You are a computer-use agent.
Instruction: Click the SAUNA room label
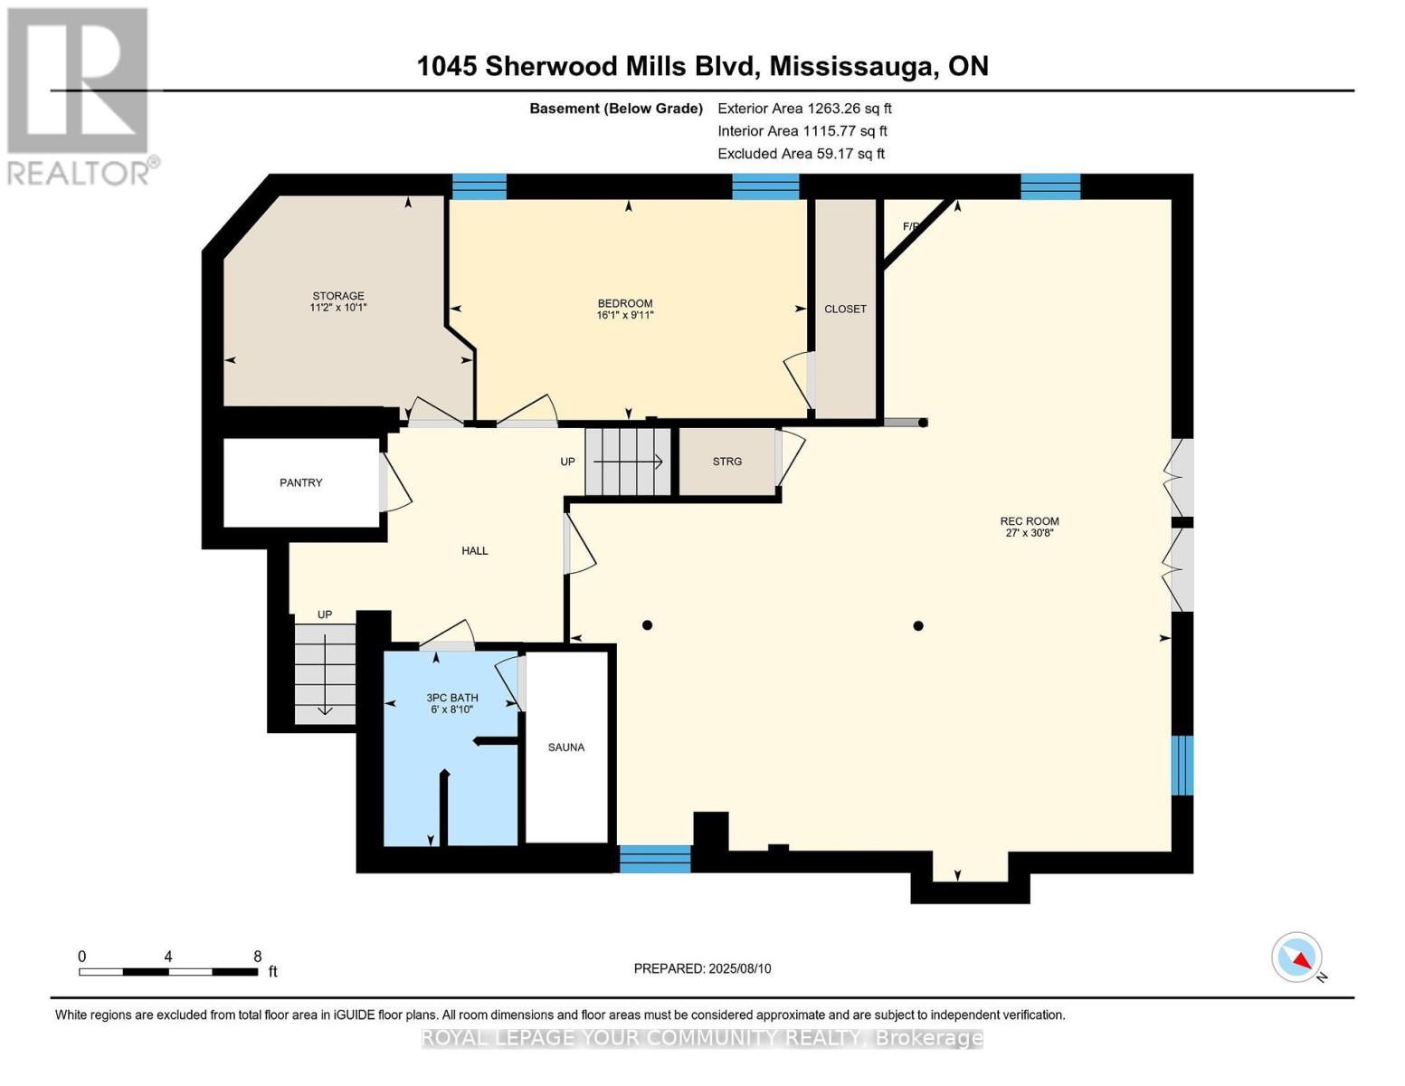tap(566, 748)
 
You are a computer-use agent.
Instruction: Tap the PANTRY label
tap(300, 483)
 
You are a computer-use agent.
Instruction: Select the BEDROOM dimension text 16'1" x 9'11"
tap(624, 316)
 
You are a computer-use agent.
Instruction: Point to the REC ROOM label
tap(1029, 521)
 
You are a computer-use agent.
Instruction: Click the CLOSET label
tap(845, 310)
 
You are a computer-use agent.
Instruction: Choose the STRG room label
tap(726, 462)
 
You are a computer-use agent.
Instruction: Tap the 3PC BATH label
tap(452, 698)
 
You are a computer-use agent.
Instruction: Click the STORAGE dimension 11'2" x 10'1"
tap(338, 308)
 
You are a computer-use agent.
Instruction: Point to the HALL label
tap(475, 551)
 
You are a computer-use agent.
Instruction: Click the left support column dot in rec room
tap(647, 625)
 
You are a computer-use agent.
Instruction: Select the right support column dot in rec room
tap(918, 625)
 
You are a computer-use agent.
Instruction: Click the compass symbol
tap(1297, 957)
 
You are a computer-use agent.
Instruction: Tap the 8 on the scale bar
tap(258, 957)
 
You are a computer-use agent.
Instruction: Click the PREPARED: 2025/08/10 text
tap(702, 968)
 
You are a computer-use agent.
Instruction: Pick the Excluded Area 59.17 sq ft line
tap(801, 154)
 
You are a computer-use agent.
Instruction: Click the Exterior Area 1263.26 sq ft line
tap(804, 109)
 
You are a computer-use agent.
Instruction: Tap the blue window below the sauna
tap(655, 858)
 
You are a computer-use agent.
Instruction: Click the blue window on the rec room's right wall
tap(1182, 765)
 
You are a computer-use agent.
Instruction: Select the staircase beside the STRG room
tap(628, 462)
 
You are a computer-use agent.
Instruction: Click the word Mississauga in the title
tap(852, 66)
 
